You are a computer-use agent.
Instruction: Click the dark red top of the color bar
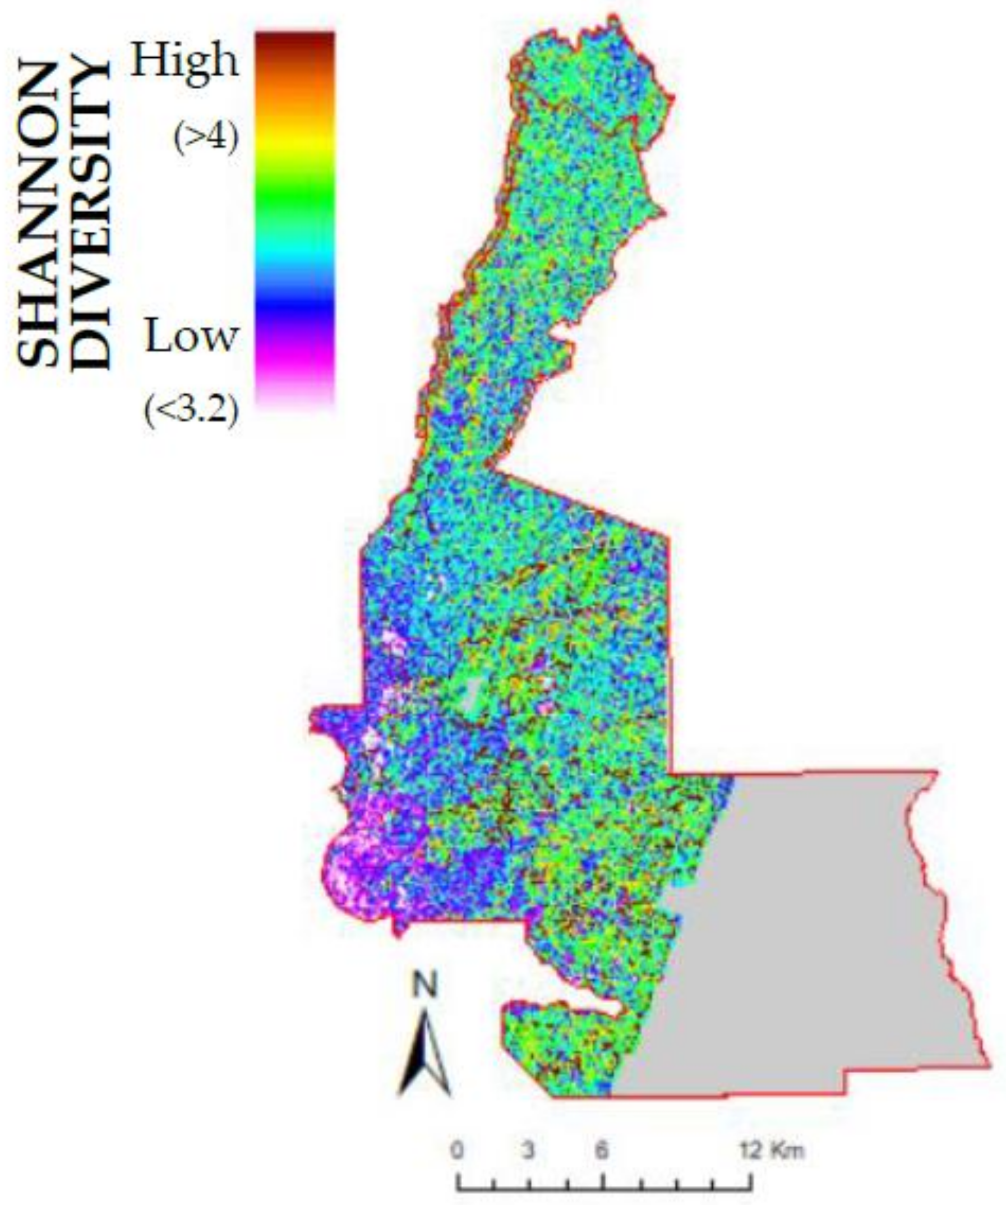(x=295, y=42)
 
